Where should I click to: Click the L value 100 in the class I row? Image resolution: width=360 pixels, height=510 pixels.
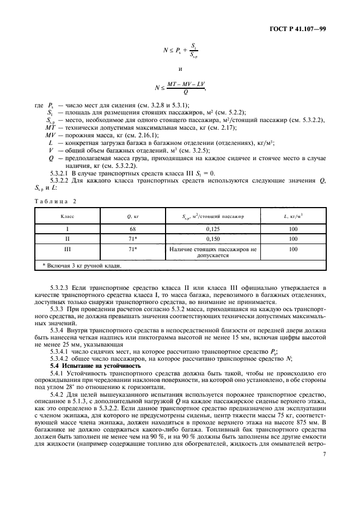pyautogui.click(x=294, y=229)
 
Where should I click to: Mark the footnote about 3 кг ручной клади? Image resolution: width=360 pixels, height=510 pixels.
pyautogui.click(x=82, y=265)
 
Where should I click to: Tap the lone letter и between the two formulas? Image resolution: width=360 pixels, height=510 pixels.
pyautogui.click(x=180, y=69)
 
